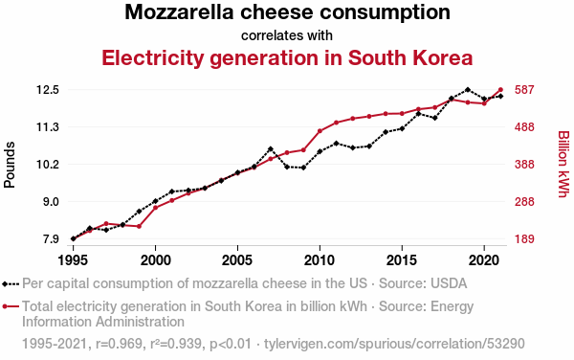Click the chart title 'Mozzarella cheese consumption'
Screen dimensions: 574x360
pyautogui.click(x=287, y=11)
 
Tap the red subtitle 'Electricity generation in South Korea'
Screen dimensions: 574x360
pyautogui.click(x=287, y=57)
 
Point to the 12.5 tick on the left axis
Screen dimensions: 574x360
pyautogui.click(x=48, y=90)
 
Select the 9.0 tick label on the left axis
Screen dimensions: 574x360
pyautogui.click(x=52, y=202)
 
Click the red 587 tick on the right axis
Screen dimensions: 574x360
pyautogui.click(x=524, y=90)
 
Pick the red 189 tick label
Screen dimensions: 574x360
pyautogui.click(x=524, y=239)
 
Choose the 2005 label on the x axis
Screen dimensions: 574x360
pyautogui.click(x=237, y=260)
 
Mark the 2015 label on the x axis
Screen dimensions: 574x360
pyautogui.click(x=402, y=260)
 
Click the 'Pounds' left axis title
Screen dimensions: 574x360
pyautogui.click(x=10, y=165)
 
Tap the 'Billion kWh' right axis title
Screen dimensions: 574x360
pyautogui.click(x=563, y=164)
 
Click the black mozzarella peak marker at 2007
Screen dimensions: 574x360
pyautogui.click(x=271, y=149)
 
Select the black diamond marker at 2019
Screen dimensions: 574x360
pyautogui.click(x=468, y=89)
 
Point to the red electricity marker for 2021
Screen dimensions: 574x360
pyautogui.click(x=500, y=89)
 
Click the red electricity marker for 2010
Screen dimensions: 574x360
pyautogui.click(x=320, y=131)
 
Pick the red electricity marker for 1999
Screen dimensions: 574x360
pyautogui.click(x=139, y=226)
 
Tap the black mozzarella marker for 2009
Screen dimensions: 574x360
pyautogui.click(x=303, y=168)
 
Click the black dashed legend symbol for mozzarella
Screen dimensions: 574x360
pyautogui.click(x=11, y=283)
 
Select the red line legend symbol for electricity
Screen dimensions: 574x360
pyautogui.click(x=11, y=306)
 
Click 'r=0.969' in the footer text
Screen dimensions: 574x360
pyautogui.click(x=119, y=344)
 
